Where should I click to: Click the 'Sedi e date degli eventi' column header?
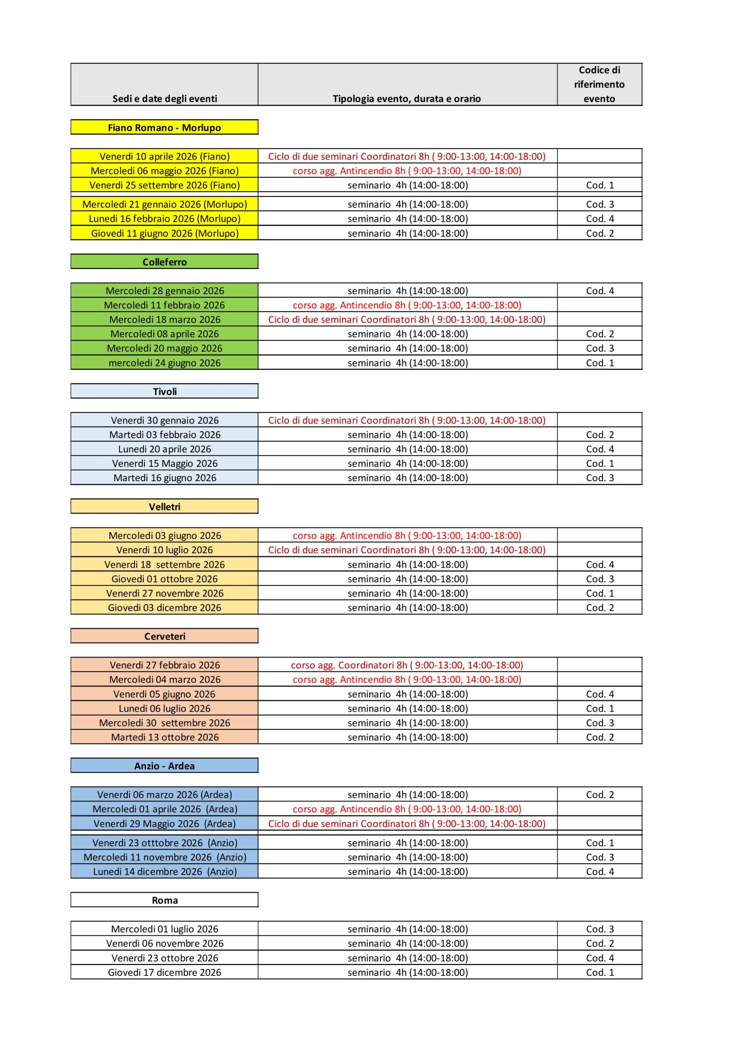point(164,98)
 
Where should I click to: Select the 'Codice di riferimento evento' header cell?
point(599,84)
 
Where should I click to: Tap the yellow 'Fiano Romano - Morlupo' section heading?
point(164,128)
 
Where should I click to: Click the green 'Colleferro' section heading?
point(164,262)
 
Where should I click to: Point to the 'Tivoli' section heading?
point(164,391)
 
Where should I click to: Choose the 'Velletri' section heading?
point(164,507)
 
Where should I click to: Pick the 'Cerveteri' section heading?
point(164,636)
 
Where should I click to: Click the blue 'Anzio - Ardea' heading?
point(164,766)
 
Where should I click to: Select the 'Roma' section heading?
point(164,900)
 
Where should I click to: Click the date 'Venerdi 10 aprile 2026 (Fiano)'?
point(164,156)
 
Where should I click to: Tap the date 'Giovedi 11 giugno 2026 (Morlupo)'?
point(164,233)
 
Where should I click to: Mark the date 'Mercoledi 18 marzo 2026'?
point(164,320)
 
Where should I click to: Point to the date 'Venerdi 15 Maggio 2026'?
point(164,463)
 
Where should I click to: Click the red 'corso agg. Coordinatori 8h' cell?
point(407,665)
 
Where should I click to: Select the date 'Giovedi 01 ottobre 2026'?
point(164,579)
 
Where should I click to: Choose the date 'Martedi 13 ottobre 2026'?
point(164,737)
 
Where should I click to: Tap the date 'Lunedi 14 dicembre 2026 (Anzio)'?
point(164,872)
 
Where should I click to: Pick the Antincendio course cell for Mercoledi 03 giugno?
point(407,536)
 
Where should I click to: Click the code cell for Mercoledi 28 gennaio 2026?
point(599,291)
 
